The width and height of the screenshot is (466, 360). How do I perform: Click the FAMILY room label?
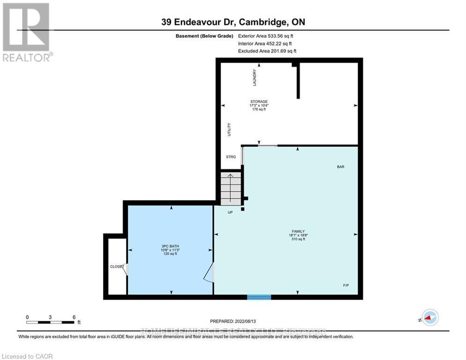click(298, 232)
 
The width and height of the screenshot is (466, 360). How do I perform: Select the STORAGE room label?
click(259, 102)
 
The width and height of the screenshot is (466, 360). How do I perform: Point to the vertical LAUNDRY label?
click(255, 77)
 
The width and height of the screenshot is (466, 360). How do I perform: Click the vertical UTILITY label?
click(229, 129)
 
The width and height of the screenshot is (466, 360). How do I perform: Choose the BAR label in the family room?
click(340, 166)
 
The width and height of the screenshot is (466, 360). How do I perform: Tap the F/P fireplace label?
click(346, 285)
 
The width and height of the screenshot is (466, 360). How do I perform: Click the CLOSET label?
click(117, 266)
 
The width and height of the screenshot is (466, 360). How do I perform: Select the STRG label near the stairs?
click(231, 157)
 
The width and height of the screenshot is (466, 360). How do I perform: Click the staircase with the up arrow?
click(230, 188)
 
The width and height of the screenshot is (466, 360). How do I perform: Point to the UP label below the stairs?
click(230, 212)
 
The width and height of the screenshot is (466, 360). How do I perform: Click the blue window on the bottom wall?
click(259, 297)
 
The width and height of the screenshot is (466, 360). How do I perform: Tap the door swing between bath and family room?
click(209, 273)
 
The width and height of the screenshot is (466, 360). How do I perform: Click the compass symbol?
click(429, 317)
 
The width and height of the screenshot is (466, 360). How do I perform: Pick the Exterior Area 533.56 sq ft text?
click(266, 36)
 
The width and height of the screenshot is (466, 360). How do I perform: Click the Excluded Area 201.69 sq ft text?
click(267, 51)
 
